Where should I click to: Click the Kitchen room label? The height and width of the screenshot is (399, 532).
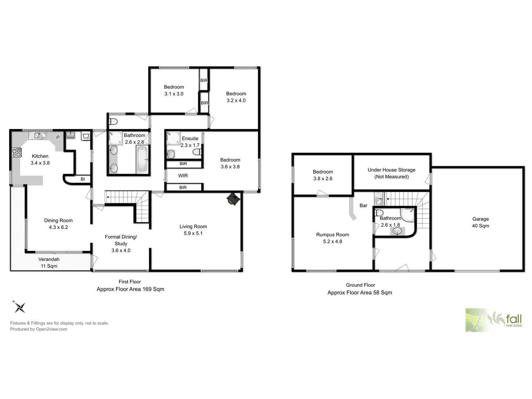(x=40, y=156)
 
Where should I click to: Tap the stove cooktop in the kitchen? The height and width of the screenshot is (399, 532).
(x=17, y=152)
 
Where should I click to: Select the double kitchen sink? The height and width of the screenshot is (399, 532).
(x=40, y=136)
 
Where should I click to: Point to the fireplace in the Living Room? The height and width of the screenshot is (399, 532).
(x=233, y=199)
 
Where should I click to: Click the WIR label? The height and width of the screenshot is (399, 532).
(x=183, y=176)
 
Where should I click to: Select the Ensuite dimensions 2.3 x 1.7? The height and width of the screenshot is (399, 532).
(x=190, y=145)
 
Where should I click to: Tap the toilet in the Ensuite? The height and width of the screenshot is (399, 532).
(x=197, y=152)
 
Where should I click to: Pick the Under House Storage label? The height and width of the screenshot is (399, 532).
(x=391, y=170)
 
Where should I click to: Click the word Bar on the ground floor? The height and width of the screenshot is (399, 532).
(x=363, y=205)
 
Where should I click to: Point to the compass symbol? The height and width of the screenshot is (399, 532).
(x=20, y=307)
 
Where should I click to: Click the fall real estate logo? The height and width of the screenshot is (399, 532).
(x=494, y=320)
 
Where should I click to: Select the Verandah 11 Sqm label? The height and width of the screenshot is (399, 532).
(x=49, y=263)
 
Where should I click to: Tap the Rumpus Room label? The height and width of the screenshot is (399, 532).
(x=332, y=235)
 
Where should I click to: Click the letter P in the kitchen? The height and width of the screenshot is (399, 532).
(x=58, y=137)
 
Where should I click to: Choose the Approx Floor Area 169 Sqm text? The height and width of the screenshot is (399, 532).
(x=130, y=289)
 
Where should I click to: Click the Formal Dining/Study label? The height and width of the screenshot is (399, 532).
(x=121, y=240)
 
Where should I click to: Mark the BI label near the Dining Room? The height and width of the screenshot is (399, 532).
(x=83, y=179)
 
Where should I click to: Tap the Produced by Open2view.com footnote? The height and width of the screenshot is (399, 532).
(x=38, y=329)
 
